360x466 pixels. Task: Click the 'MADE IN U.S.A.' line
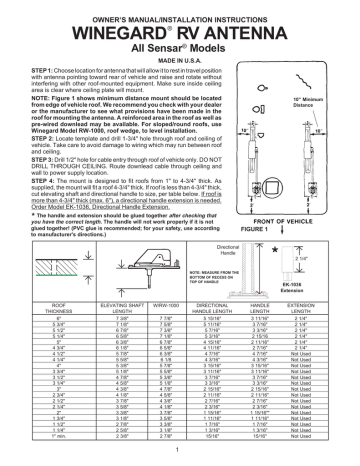pos(179,60)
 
